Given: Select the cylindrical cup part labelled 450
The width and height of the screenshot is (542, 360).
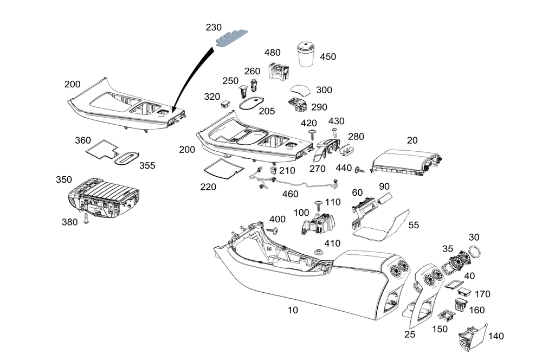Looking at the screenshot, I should (308, 53).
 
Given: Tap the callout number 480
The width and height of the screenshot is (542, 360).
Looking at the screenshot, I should (272, 53).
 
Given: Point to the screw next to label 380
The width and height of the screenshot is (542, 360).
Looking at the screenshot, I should (86, 219).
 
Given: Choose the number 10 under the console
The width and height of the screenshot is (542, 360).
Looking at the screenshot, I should (293, 310).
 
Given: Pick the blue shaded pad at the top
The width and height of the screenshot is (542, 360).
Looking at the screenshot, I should (233, 37).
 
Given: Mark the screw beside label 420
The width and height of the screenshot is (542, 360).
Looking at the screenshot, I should (313, 133).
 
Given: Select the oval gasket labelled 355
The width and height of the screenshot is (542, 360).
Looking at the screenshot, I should (127, 157).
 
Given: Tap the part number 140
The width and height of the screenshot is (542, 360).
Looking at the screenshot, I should (496, 336).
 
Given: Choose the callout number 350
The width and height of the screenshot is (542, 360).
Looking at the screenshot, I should (63, 179).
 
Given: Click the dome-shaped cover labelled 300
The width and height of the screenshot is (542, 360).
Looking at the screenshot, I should (304, 90).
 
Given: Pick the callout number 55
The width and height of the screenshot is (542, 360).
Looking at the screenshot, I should (414, 224).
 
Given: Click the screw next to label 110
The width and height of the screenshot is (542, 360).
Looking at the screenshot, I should (318, 204).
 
